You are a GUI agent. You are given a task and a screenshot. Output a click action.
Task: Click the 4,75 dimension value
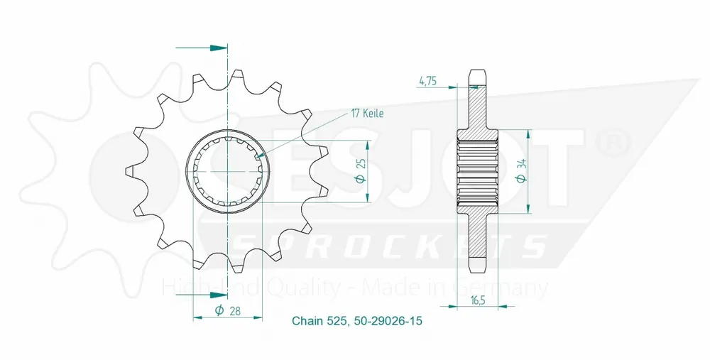coord(428,82)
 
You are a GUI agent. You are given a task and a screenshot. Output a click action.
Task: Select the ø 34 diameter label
coord(522,172)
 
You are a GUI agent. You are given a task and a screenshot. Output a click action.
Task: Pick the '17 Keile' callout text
coord(367,113)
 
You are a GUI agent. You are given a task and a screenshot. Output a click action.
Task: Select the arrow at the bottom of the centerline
coord(202,295)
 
